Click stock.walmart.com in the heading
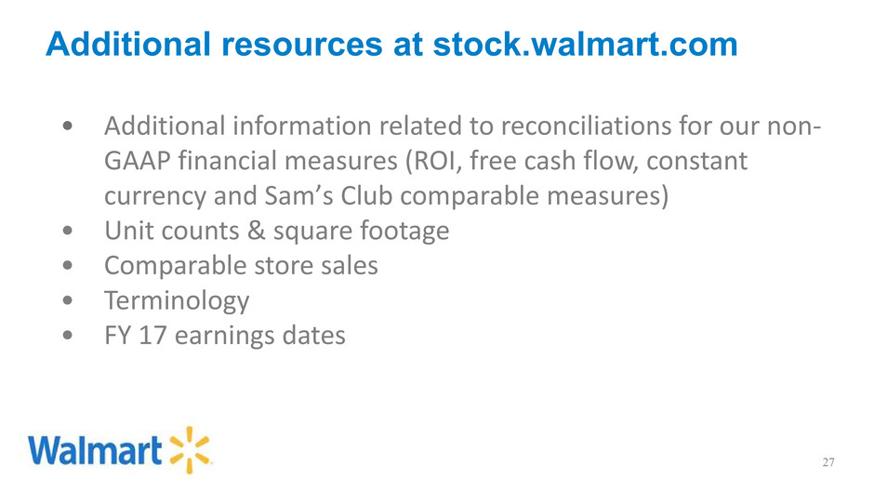(x=585, y=45)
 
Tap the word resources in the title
(x=302, y=45)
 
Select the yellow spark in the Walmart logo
(x=190, y=450)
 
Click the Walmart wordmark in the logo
(x=95, y=450)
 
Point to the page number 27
(x=828, y=462)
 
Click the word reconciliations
(x=585, y=126)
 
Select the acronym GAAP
(x=137, y=161)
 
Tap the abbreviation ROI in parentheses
(x=433, y=161)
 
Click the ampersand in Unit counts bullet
(x=257, y=231)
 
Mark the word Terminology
(x=177, y=301)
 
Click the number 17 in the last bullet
(x=152, y=336)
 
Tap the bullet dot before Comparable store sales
(x=68, y=266)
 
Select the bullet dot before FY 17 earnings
(x=68, y=336)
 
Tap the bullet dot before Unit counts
(x=68, y=231)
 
